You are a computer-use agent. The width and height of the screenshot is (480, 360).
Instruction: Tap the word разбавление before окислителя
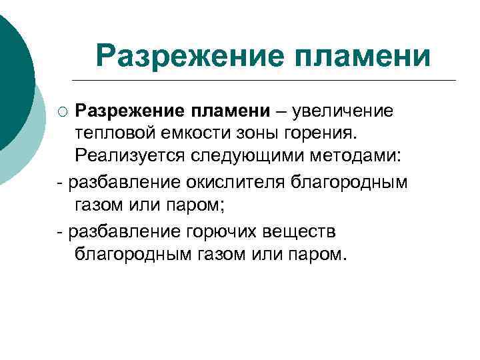124,181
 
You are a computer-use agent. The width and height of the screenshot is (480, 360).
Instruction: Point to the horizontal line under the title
273,81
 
